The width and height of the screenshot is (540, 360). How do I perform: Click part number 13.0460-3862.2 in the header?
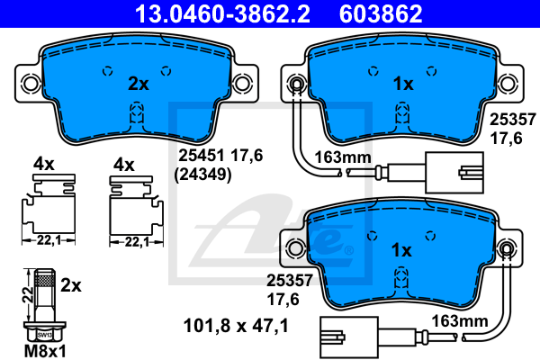pyautogui.click(x=222, y=13)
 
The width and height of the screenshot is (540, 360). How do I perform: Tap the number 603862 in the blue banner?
pyautogui.click(x=381, y=13)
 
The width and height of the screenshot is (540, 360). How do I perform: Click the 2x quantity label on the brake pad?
pyautogui.click(x=139, y=84)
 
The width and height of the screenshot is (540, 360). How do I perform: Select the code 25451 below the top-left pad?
pyautogui.click(x=202, y=156)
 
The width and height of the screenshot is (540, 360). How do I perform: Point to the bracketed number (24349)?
pyautogui.click(x=202, y=175)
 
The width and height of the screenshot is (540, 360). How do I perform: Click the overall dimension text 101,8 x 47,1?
pyautogui.click(x=236, y=326)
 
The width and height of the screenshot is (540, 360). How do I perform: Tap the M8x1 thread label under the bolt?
pyautogui.click(x=45, y=351)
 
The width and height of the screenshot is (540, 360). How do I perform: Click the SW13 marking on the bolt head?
pyautogui.click(x=44, y=335)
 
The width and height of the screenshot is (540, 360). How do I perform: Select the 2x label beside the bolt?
pyautogui.click(x=71, y=285)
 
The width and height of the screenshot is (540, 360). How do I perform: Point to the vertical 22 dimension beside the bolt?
pyautogui.click(x=28, y=294)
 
